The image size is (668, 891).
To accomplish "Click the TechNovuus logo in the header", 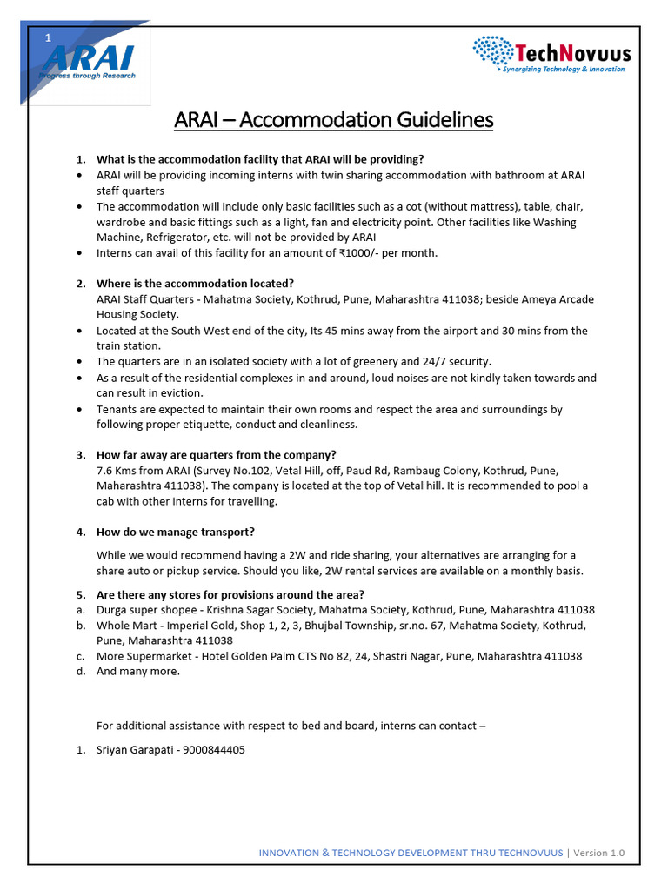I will [551, 54].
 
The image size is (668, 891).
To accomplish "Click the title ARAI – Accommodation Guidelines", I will [333, 119].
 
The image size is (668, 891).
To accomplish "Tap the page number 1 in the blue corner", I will [49, 37].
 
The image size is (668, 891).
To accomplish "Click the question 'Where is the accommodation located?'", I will [195, 284].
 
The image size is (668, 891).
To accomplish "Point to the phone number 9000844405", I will [213, 749].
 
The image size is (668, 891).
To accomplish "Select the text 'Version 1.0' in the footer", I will [599, 853].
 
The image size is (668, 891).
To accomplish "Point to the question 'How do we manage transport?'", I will [175, 532].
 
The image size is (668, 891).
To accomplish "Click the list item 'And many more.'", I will [138, 671].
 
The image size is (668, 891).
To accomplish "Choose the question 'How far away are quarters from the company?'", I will [216, 454].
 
